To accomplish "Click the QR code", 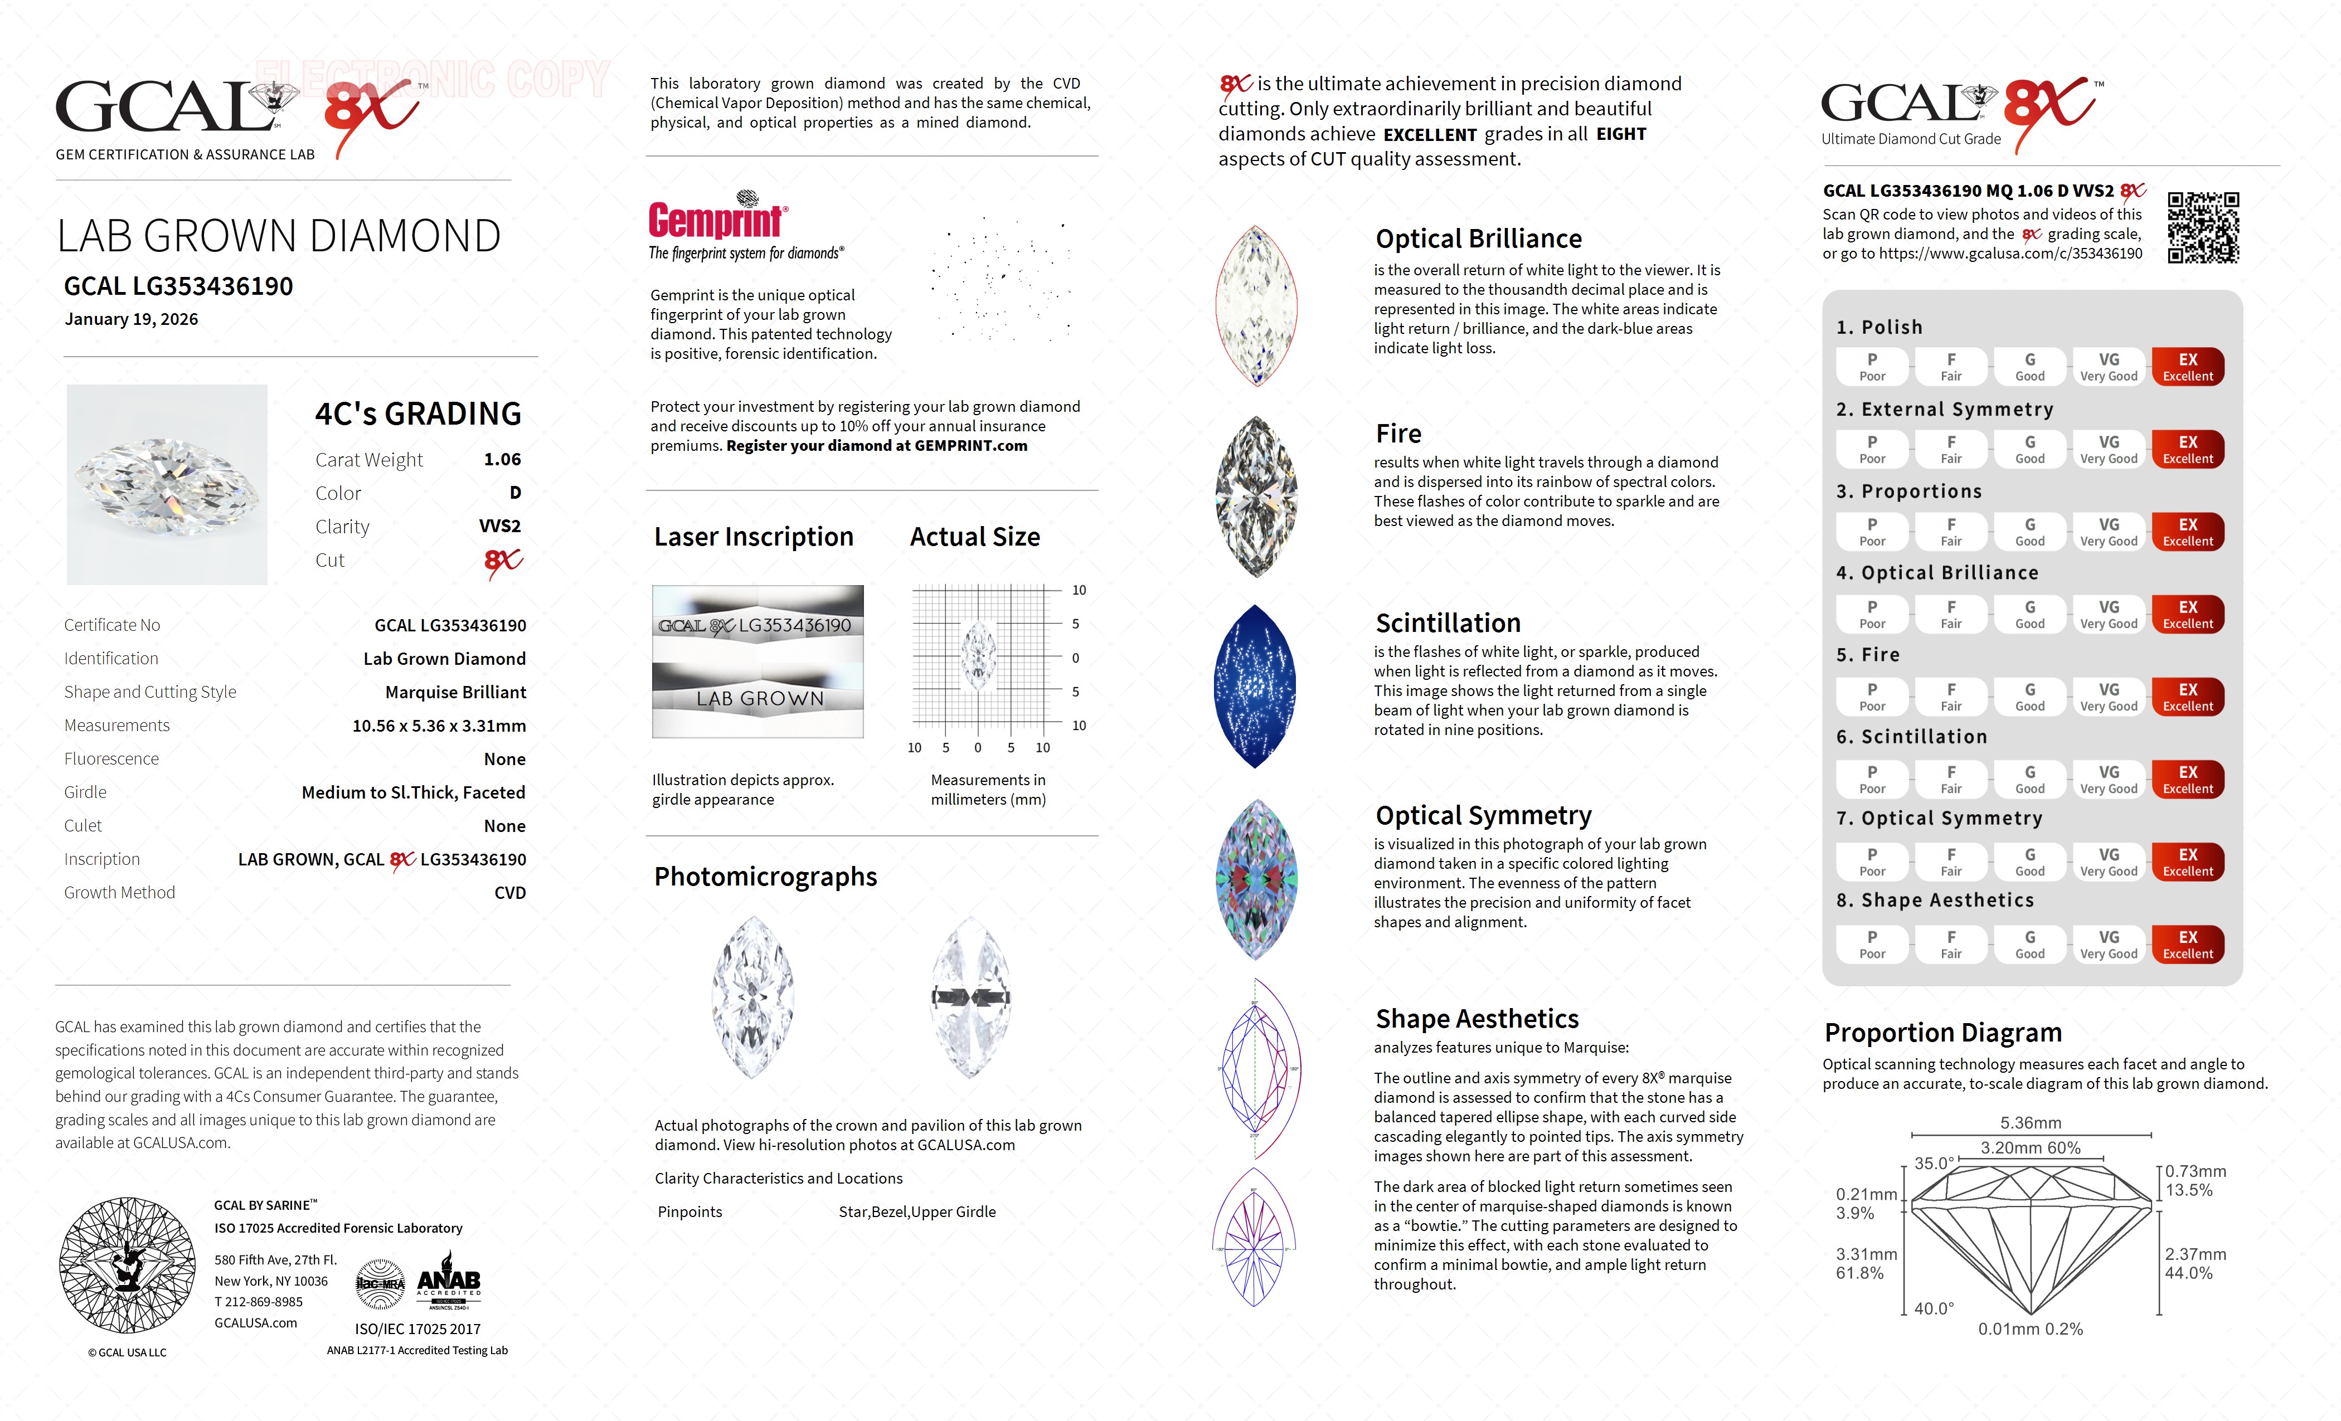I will click(x=2203, y=227).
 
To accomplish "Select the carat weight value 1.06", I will click(x=502, y=460).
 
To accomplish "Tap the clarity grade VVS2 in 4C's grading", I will click(x=500, y=526).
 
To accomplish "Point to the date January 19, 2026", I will click(x=131, y=319).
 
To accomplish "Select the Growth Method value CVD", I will click(x=509, y=893).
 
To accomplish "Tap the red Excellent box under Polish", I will click(x=2187, y=367).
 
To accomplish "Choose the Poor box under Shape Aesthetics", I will click(x=1872, y=944).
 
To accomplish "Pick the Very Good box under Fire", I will click(x=2108, y=696).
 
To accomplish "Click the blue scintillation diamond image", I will click(x=1255, y=686).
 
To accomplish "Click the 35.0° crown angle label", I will click(x=1934, y=1164).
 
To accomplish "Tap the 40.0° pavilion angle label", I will click(x=1934, y=1308).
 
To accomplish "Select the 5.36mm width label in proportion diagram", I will click(x=2031, y=1123).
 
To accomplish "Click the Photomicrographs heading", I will click(x=765, y=877).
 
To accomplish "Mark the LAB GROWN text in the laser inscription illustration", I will click(x=759, y=698).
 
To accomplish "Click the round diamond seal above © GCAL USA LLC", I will click(x=127, y=1264).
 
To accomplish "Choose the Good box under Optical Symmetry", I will click(x=2029, y=862).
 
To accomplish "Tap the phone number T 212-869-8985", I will click(x=259, y=1302).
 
